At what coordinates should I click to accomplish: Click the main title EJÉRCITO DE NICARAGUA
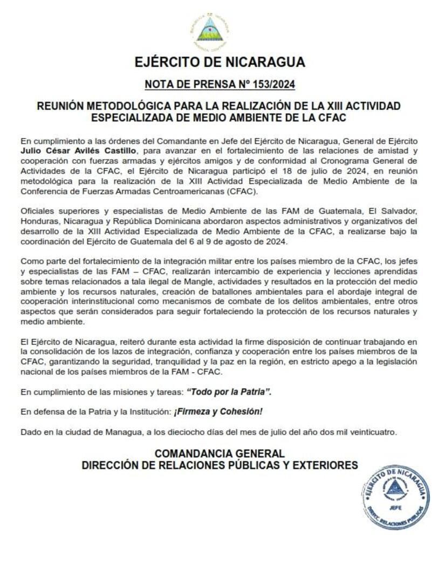[220, 62]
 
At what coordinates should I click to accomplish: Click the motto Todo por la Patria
[236, 392]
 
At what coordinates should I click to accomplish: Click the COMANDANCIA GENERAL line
[220, 454]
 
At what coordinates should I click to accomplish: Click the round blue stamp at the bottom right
[395, 497]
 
